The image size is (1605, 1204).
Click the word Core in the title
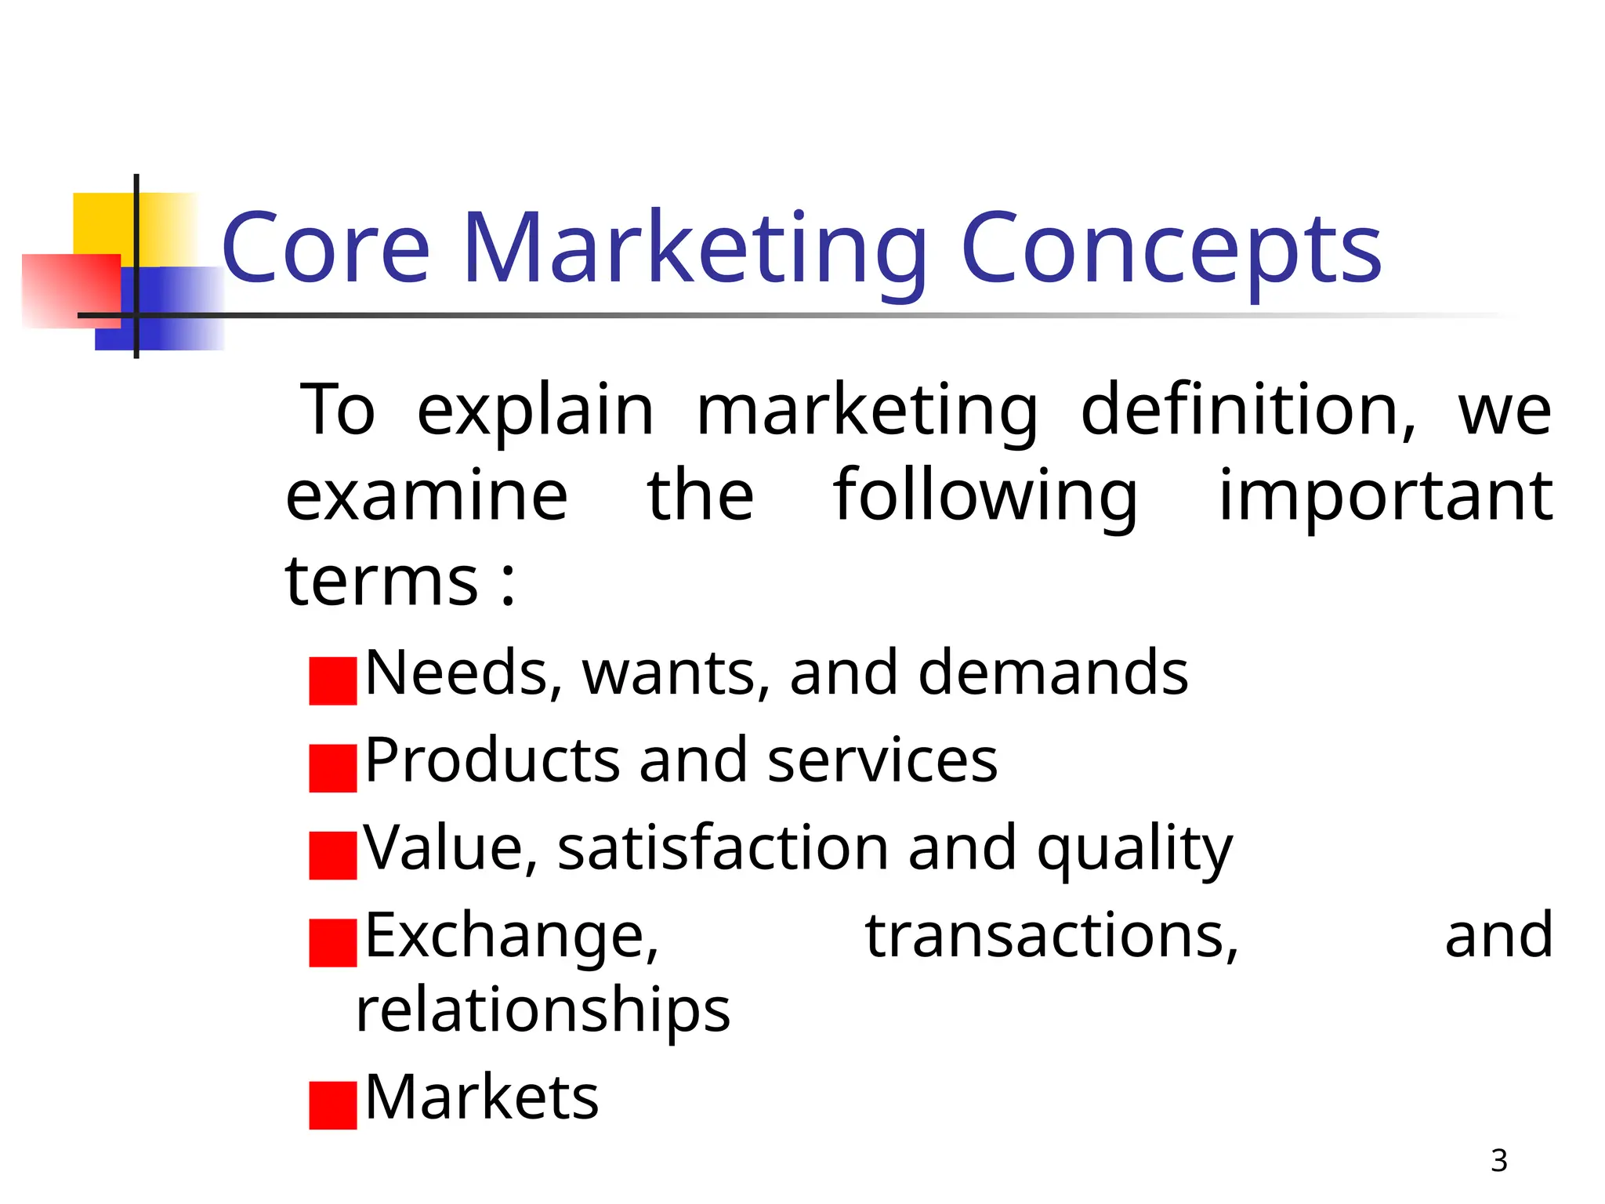click(326, 249)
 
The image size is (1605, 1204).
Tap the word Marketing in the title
click(694, 249)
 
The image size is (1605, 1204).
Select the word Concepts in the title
click(1171, 249)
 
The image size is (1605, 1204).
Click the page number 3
click(1498, 1161)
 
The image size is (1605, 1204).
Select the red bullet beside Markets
click(333, 1105)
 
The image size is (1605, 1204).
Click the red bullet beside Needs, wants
click(333, 681)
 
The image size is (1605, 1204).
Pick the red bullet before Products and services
click(333, 768)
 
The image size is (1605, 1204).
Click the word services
click(882, 761)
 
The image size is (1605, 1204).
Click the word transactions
click(1051, 936)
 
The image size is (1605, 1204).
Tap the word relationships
click(542, 1010)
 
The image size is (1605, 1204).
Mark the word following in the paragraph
click(985, 495)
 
